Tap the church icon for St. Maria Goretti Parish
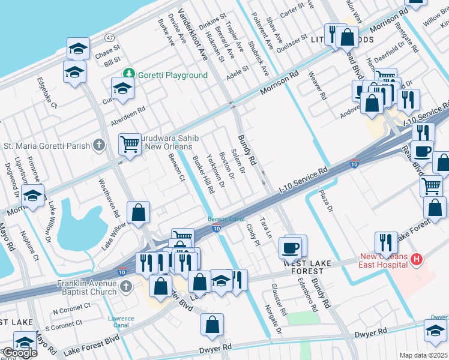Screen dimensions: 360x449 coord(100,145)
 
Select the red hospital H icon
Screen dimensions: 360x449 coord(417,260)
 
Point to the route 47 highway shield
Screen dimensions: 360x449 coord(109,37)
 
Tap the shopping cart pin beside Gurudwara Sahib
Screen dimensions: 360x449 coord(130,144)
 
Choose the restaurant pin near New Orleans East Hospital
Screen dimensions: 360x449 coord(385,242)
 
